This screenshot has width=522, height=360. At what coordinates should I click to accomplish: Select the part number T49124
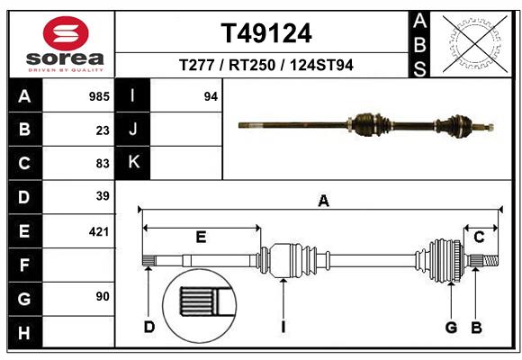coord(266,33)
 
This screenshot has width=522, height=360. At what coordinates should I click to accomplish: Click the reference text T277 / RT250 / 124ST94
coord(266,66)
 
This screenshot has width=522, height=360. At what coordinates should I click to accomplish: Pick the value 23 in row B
coord(102,130)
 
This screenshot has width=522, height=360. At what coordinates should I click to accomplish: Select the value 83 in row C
coord(102,163)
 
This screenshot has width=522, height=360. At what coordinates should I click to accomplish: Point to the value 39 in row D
coord(102,196)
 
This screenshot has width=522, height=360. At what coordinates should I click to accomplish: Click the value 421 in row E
coord(99,231)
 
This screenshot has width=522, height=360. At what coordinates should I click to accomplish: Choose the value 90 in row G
coord(102,296)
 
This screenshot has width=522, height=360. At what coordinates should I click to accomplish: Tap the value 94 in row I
coord(211,96)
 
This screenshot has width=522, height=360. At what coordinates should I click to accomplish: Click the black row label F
coord(24,265)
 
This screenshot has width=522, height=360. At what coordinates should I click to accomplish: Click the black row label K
coord(133,163)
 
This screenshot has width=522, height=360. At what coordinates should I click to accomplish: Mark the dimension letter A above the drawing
coord(323,202)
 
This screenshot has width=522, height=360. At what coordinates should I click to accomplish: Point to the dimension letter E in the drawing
coord(201,237)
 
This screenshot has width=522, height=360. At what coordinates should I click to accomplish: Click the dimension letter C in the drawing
coord(480,237)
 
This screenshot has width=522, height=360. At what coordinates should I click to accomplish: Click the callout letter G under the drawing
coord(452,327)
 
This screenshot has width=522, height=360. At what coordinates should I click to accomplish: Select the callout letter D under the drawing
coord(149,327)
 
